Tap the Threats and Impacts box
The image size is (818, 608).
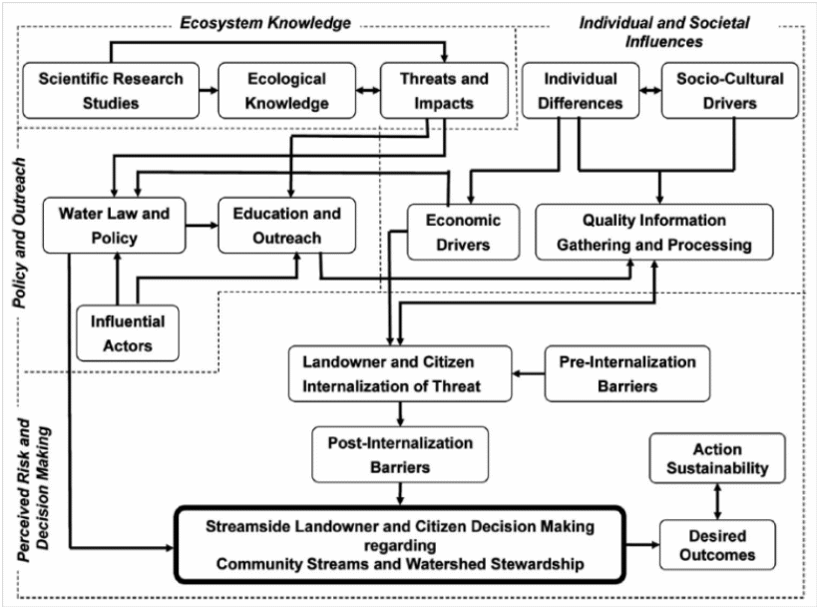click(x=444, y=90)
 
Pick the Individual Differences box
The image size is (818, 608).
click(x=582, y=90)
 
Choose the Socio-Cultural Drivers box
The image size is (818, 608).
click(x=730, y=90)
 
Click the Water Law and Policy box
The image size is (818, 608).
click(x=114, y=226)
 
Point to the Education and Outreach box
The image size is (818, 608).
click(x=285, y=226)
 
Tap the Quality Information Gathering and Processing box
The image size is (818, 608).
click(x=653, y=232)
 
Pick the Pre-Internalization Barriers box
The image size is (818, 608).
click(x=621, y=373)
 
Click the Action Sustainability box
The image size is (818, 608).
click(x=716, y=457)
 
